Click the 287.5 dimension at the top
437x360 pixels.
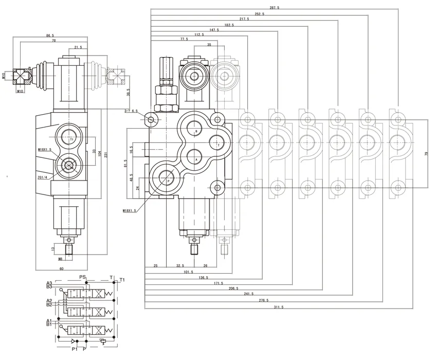pos(274,8)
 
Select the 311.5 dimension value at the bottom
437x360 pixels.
pos(279,307)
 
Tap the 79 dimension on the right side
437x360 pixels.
pos(426,154)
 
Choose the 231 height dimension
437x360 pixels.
pos(106,155)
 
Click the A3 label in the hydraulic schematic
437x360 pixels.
pos(49,283)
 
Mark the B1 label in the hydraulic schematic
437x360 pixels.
pos(49,325)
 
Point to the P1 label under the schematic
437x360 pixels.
pos(74,349)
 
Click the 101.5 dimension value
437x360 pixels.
pos(188,272)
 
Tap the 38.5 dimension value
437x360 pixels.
pos(129,91)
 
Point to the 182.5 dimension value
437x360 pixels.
pos(229,25)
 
